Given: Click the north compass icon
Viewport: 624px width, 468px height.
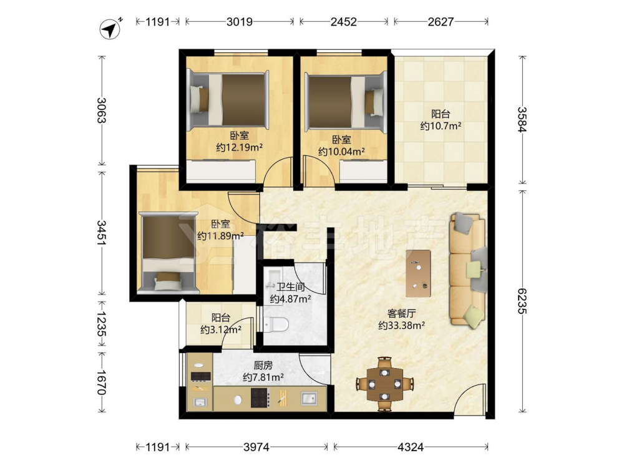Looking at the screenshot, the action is point(111,28).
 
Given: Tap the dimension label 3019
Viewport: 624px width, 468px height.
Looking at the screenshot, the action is point(240,21).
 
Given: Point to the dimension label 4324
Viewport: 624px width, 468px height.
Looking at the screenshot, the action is point(411,447).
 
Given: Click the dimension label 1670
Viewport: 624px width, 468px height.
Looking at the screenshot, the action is point(101,383).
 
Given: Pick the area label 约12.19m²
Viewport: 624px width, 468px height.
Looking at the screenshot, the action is point(239,148).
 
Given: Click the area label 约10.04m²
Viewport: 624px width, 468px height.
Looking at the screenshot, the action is point(342,152).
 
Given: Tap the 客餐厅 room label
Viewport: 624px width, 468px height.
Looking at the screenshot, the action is point(401,314).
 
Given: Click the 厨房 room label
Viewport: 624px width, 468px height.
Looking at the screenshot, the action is point(263,365).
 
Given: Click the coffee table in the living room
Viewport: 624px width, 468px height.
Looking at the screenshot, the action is point(418,273).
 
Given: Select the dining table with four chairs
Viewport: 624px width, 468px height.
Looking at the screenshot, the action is point(384,384).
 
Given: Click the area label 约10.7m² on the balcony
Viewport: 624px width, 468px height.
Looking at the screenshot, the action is point(441,126).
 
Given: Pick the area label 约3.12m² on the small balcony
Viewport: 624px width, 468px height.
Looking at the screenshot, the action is point(221,329).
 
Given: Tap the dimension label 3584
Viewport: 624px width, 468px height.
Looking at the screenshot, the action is point(522,119).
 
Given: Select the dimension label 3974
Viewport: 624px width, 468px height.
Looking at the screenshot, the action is point(256,447).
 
